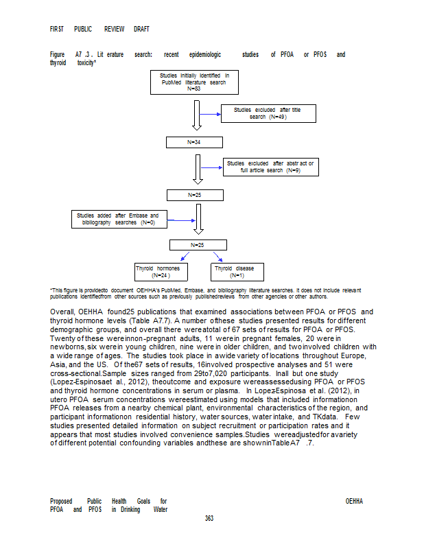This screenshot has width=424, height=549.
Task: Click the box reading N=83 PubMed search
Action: [x=194, y=82]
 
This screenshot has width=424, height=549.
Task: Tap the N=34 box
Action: [x=194, y=142]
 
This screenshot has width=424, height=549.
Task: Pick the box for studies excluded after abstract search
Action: [x=269, y=166]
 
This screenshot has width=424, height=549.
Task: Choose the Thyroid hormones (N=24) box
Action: [x=161, y=271]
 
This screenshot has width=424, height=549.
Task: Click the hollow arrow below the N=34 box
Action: [x=198, y=169]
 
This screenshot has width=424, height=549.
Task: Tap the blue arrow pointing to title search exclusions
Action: [x=209, y=114]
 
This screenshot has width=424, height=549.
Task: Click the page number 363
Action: [x=209, y=518]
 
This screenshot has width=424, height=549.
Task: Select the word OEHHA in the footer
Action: [x=354, y=501]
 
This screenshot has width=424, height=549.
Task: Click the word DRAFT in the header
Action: [x=140, y=30]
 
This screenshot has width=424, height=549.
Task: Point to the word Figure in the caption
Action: [x=58, y=54]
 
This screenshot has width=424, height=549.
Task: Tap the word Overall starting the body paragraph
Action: [x=63, y=312]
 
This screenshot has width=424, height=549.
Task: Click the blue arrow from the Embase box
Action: [x=181, y=220]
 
